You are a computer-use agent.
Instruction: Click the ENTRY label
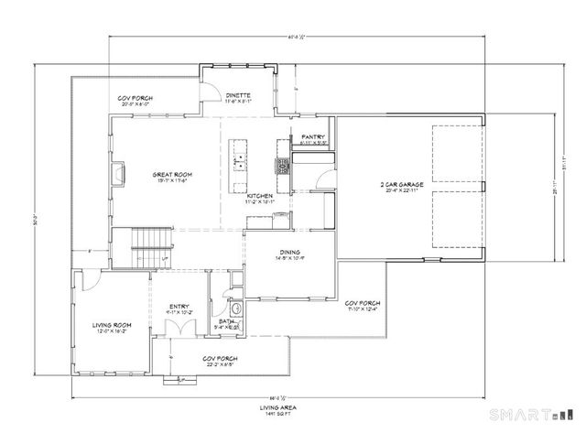pos(179,308)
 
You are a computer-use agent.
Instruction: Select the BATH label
pos(226,320)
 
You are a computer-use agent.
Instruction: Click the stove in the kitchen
pos(283,166)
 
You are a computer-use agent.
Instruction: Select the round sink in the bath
pos(236,309)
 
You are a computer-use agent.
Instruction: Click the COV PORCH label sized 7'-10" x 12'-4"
pos(363,305)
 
